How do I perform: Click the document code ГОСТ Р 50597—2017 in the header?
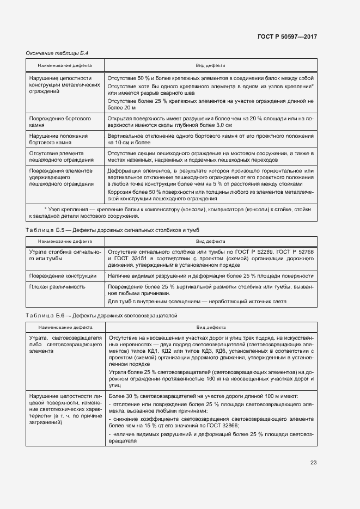[287, 36]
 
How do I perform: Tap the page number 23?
[313, 463]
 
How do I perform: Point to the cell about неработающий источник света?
[197, 302]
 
